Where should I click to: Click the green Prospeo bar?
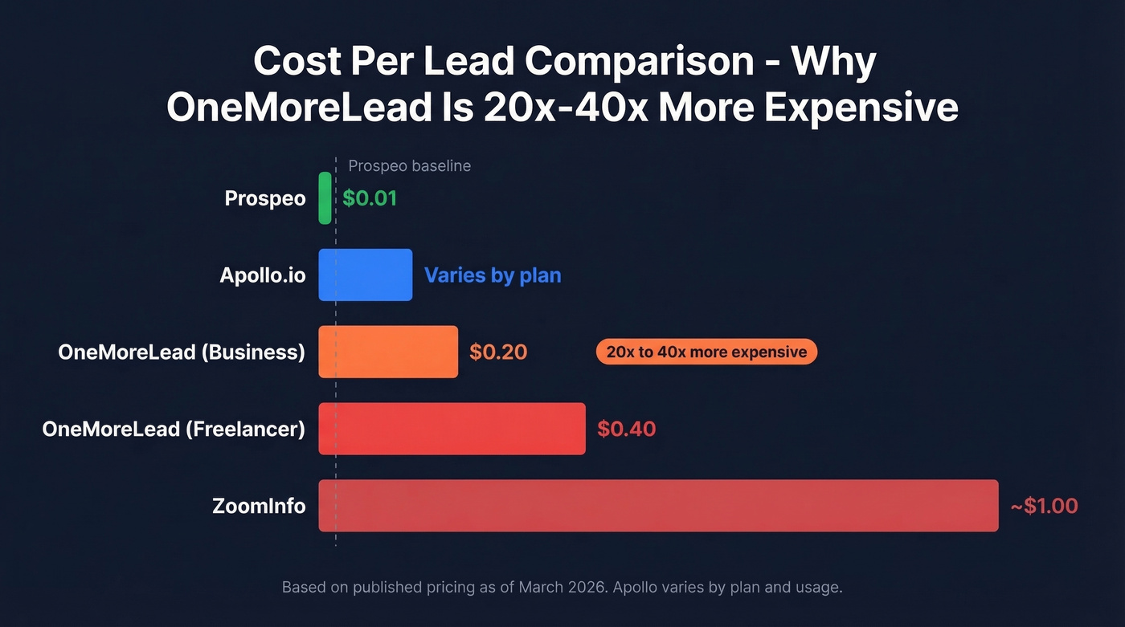pos(325,197)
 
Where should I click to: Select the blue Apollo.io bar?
pos(365,275)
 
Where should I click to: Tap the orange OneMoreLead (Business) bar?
pos(388,352)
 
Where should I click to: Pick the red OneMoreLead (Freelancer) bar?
pos(452,429)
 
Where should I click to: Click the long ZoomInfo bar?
pos(658,506)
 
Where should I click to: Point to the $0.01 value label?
pos(370,198)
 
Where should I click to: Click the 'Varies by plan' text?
pos(493,275)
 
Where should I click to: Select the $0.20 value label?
pos(498,352)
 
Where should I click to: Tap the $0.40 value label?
pos(626,429)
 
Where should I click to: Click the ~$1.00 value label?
pos(1044,506)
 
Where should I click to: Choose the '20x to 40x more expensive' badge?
pos(706,352)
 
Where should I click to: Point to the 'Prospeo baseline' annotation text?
pos(409,166)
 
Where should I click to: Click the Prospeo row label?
pos(265,198)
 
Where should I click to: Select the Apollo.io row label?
pos(263,275)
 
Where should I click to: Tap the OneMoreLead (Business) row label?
pos(182,352)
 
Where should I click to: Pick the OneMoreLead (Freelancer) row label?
pos(174,429)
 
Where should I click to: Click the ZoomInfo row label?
pos(259,506)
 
